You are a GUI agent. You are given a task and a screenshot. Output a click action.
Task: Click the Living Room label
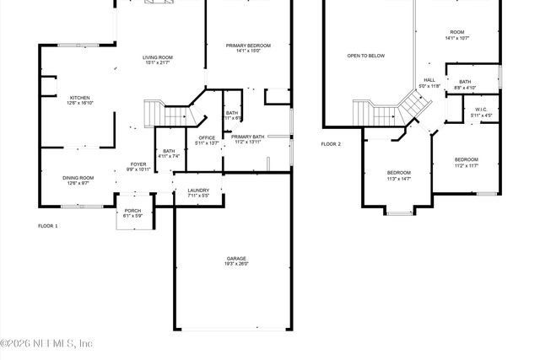click(x=158, y=56)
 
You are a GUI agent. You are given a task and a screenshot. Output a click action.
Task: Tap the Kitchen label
click(x=79, y=97)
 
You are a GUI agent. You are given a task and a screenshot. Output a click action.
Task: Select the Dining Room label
click(x=78, y=177)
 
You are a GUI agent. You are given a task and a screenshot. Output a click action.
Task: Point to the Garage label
click(x=236, y=258)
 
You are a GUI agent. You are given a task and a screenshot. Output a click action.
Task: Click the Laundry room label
click(x=198, y=191)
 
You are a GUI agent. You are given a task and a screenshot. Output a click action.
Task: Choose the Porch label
click(x=132, y=211)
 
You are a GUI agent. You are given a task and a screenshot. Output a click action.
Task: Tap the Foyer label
click(x=138, y=164)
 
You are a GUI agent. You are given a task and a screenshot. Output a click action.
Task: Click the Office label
click(x=207, y=137)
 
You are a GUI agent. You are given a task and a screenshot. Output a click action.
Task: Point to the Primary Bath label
click(x=248, y=137)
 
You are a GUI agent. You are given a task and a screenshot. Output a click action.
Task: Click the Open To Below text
click(x=365, y=56)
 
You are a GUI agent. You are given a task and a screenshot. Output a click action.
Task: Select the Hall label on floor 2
click(x=429, y=80)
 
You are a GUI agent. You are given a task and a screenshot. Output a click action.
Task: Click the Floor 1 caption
click(x=48, y=225)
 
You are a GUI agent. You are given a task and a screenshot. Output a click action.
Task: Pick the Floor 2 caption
click(x=331, y=144)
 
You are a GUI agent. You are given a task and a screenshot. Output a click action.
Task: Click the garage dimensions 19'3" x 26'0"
click(x=236, y=264)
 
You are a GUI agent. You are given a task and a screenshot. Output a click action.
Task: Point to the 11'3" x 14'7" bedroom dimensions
click(x=399, y=178)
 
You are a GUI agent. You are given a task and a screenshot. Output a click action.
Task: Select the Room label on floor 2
click(x=457, y=31)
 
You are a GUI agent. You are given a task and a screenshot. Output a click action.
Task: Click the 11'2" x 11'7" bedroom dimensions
click(x=466, y=165)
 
